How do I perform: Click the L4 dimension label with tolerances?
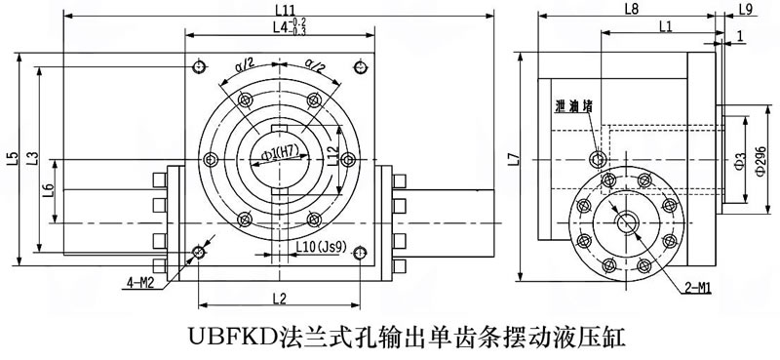[289, 27]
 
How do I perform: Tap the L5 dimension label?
[13, 158]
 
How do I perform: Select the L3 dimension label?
[33, 158]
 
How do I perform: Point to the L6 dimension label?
[48, 191]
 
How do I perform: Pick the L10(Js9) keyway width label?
[321, 246]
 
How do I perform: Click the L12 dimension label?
[332, 156]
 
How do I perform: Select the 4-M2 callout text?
[138, 283]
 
